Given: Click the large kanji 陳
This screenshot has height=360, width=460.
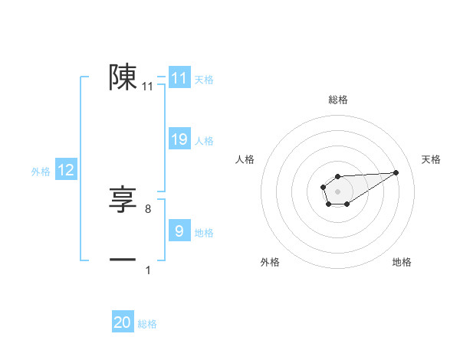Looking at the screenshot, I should (x=123, y=77).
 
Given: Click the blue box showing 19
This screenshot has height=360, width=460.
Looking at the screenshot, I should (x=179, y=139).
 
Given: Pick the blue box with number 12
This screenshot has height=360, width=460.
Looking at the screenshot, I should (x=66, y=171).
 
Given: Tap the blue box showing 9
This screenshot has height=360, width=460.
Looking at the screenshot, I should (x=179, y=231).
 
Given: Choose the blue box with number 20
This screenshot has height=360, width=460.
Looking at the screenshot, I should (x=123, y=322).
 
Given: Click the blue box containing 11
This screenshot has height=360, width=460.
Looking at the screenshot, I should (x=179, y=78).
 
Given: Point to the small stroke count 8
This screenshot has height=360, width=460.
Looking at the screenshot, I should (x=148, y=208).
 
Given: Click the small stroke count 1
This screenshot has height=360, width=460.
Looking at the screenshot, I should (x=148, y=270).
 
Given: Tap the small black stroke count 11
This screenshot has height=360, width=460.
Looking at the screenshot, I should (x=148, y=87).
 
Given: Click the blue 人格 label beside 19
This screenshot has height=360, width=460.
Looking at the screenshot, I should (x=204, y=141).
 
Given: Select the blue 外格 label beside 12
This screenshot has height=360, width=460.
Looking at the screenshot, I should (x=41, y=172).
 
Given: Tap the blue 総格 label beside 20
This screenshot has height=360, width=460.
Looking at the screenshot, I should (x=147, y=324).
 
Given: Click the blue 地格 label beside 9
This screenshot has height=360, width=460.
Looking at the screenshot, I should (x=204, y=232).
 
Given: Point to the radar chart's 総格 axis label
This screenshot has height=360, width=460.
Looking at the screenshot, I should (x=337, y=100).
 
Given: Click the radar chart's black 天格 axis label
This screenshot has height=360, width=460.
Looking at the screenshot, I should (x=431, y=159).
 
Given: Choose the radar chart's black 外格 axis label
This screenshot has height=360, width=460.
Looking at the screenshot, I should (x=269, y=263).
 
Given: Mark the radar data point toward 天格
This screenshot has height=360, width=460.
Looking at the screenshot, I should (x=396, y=172).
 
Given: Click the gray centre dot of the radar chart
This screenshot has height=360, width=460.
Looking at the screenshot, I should (x=337, y=190).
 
